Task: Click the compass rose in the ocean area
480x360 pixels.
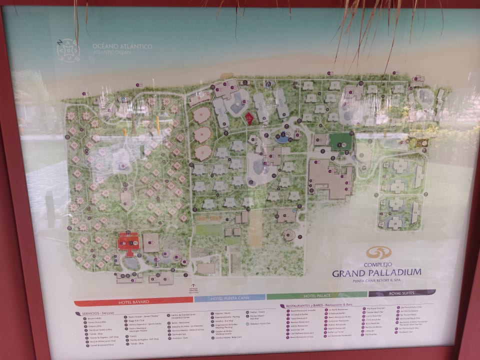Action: coord(67,50)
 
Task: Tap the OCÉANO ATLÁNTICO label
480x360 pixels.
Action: coord(122,46)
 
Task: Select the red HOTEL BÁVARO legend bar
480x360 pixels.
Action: coord(133,301)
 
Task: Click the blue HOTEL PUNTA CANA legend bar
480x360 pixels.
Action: coord(229,298)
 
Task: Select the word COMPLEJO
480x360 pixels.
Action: coord(376,264)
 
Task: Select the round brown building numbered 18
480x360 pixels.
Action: coord(201,115)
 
